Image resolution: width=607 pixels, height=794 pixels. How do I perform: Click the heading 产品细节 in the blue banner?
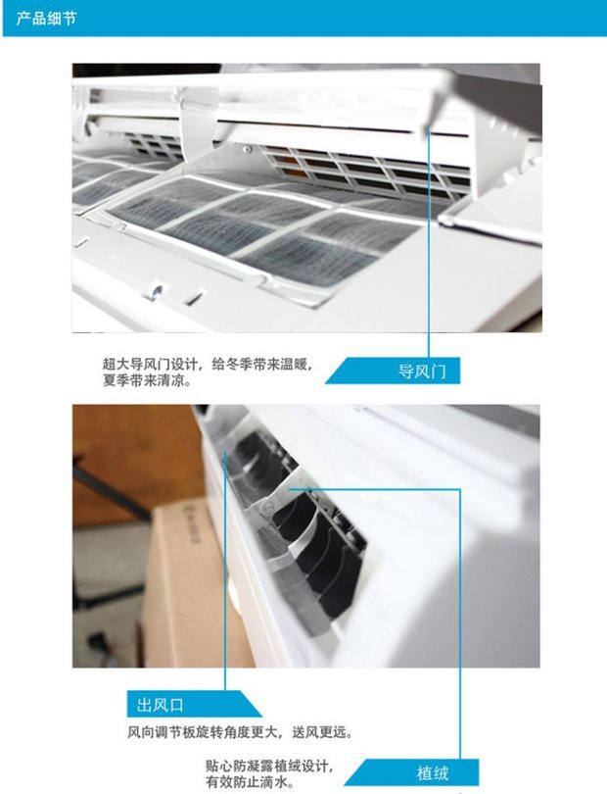46,19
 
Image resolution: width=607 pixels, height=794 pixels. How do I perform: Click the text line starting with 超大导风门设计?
208,364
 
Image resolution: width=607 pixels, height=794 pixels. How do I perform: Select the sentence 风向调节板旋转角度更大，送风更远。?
240,732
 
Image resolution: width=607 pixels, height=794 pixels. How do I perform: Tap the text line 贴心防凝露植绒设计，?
268,766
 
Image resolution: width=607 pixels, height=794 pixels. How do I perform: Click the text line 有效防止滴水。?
250,782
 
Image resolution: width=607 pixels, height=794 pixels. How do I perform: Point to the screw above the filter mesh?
247,149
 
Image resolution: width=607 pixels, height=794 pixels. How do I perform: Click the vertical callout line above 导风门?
429,242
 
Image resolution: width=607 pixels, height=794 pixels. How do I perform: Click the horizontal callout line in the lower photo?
374,489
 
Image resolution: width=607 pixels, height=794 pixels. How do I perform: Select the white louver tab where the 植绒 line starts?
286,490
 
